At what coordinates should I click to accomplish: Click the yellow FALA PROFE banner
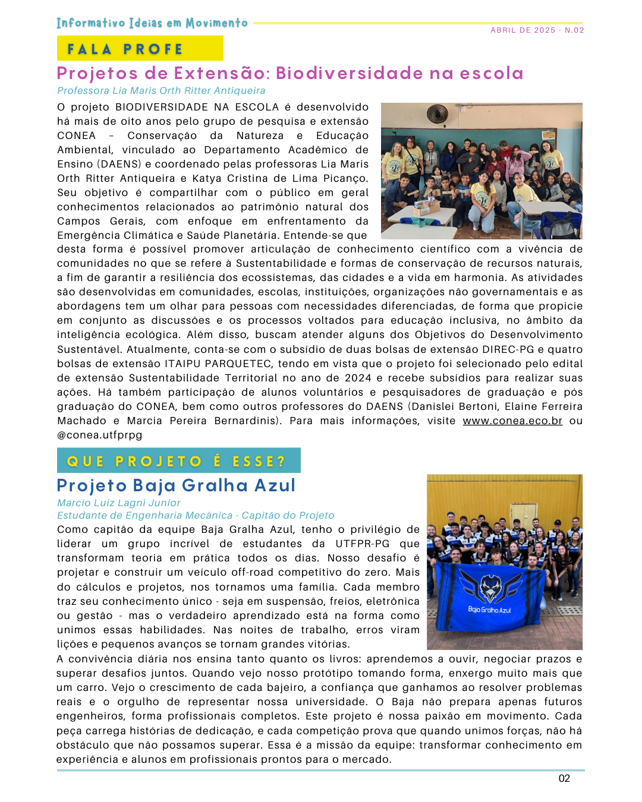click(140, 48)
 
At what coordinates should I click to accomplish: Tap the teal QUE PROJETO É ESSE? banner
click(178, 461)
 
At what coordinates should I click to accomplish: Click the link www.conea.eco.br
click(512, 421)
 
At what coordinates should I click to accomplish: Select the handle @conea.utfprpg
click(99, 435)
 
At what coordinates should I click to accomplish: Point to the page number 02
click(564, 778)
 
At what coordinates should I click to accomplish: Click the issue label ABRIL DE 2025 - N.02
click(537, 30)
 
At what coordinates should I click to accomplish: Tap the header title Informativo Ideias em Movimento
click(152, 23)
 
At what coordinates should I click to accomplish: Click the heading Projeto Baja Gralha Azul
click(176, 485)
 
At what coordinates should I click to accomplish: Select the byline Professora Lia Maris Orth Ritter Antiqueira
click(161, 91)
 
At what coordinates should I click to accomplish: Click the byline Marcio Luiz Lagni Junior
click(119, 503)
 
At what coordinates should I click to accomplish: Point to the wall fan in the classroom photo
click(437, 113)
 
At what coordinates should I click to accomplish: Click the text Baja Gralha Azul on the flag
click(489, 610)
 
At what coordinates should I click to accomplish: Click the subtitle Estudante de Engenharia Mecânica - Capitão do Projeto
click(196, 516)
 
